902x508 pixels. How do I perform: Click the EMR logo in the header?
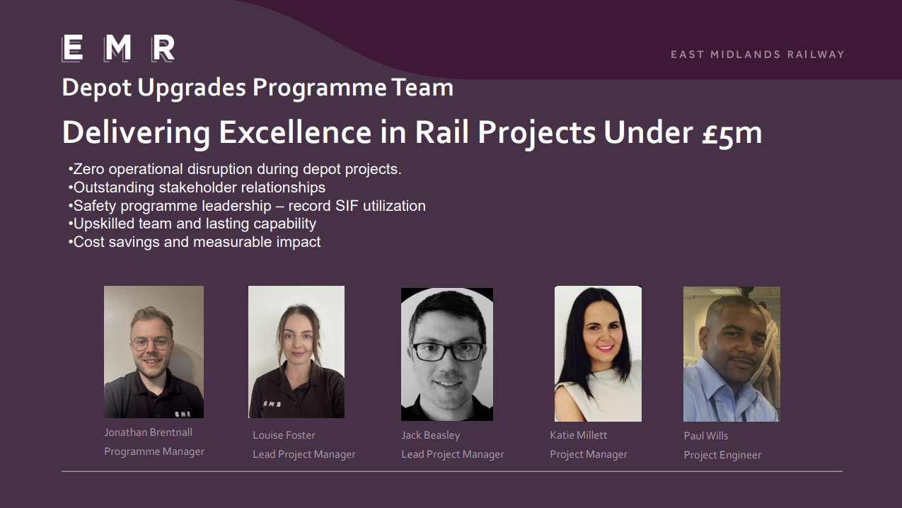point(118,48)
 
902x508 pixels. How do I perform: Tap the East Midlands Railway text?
point(758,54)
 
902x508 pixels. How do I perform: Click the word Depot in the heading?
point(97,88)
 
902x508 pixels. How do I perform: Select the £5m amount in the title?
point(732,133)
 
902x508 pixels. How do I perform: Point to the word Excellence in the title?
point(295,132)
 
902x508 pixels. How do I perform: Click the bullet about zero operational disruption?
point(235,169)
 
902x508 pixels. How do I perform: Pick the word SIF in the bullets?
point(347,206)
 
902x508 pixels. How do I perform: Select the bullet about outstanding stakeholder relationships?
point(197,187)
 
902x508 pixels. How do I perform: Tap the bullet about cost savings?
point(194,242)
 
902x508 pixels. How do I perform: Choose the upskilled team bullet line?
point(192,224)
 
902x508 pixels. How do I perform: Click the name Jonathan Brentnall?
point(148,432)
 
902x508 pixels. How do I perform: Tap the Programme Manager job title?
point(154,451)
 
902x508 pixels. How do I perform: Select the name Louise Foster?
point(284,435)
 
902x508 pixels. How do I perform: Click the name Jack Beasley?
point(430,435)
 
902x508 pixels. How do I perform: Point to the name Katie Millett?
point(578,435)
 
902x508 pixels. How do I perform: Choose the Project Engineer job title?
point(722,455)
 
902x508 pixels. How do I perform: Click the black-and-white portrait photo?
point(447,354)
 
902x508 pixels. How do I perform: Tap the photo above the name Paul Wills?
point(732,354)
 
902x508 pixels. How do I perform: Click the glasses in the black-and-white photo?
point(447,352)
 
